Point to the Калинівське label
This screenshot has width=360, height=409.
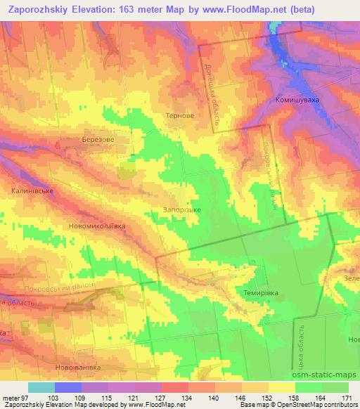(32, 190)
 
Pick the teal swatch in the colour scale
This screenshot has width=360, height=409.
(41, 387)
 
